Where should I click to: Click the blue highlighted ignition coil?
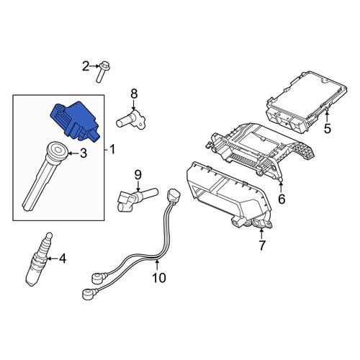click(76, 121)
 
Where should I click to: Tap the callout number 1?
click(112, 150)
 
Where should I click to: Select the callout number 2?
click(86, 66)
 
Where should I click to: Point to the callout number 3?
click(83, 153)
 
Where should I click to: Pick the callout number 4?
click(62, 258)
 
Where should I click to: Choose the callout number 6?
click(282, 199)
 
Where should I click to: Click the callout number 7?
click(261, 245)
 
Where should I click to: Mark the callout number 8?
click(134, 94)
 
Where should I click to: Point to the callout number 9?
click(138, 175)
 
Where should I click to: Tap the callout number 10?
click(159, 278)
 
